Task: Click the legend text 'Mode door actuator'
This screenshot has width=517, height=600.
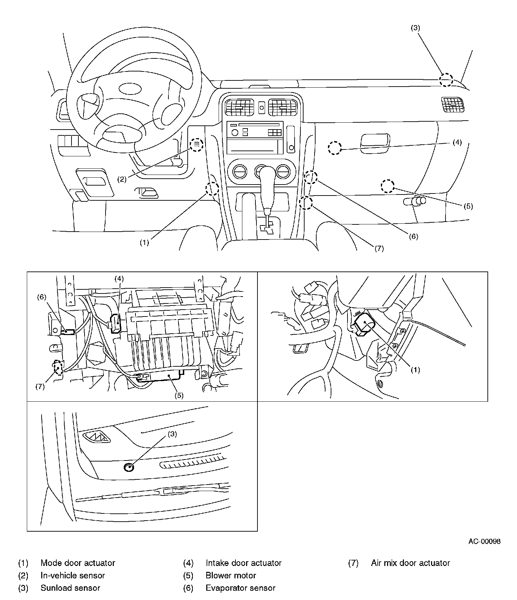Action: [x=78, y=563]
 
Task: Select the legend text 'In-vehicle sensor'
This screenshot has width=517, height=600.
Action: [x=73, y=575]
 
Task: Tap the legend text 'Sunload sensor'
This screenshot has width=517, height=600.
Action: [x=70, y=588]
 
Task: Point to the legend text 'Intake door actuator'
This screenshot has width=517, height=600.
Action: [x=243, y=563]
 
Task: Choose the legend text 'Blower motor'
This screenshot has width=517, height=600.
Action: [x=231, y=575]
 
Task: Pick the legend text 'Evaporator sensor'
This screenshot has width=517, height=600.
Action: [x=240, y=588]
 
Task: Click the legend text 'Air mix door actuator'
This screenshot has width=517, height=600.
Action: [x=410, y=563]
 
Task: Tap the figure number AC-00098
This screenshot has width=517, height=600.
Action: [x=484, y=541]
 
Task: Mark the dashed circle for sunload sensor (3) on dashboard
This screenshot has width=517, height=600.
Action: [x=446, y=80]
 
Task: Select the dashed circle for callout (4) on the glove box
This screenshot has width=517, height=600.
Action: [x=334, y=148]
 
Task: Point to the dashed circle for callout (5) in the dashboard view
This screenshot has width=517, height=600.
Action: [x=387, y=186]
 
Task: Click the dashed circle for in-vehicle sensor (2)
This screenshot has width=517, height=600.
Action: [x=197, y=145]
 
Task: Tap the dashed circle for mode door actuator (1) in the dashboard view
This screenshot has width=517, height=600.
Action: [x=212, y=188]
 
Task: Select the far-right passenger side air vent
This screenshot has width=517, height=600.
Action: [x=452, y=104]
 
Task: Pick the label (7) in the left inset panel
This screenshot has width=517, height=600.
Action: [x=40, y=387]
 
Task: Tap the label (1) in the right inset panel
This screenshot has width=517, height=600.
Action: [x=415, y=369]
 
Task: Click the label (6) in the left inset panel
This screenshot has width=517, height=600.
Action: [x=42, y=297]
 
